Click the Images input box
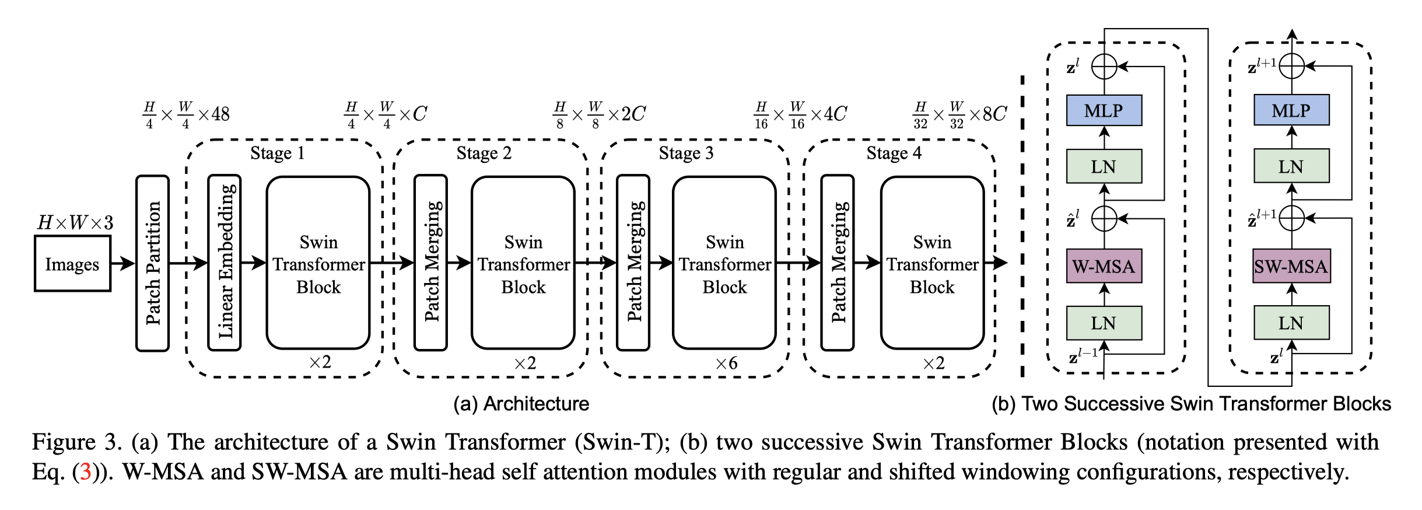[72, 264]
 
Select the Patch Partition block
[153, 263]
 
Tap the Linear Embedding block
[225, 263]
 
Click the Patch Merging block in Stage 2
[431, 263]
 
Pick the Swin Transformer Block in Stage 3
[724, 264]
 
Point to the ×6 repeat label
[727, 364]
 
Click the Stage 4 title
[894, 153]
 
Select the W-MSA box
[1104, 267]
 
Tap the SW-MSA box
[1291, 267]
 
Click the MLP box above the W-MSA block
[1104, 110]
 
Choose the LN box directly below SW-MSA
[1291, 323]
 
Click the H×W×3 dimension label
[75, 222]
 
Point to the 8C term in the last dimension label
[995, 114]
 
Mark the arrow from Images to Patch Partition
[122, 264]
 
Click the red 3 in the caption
[85, 471]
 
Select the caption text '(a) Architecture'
[521, 404]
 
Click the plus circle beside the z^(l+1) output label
[1292, 66]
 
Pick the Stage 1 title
[278, 153]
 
